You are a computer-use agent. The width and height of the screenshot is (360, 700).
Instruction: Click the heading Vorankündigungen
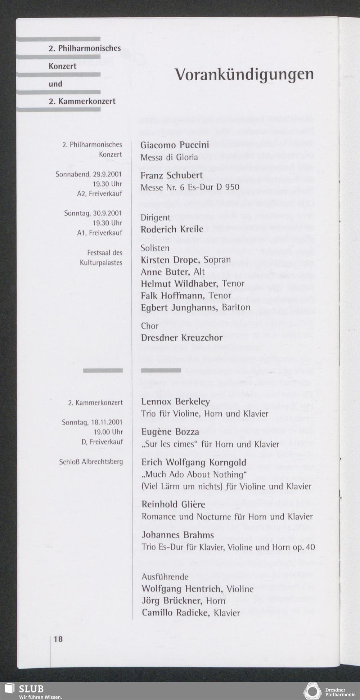(x=244, y=75)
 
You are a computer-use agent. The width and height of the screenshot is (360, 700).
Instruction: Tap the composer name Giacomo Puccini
(x=175, y=145)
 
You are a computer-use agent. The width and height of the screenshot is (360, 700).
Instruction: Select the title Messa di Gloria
(x=169, y=157)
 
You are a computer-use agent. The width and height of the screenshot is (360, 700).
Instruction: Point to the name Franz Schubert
(x=171, y=175)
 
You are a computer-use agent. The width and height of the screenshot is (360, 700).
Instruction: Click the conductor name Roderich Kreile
(x=172, y=229)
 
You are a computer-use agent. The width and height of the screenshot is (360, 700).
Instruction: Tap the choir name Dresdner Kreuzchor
(x=181, y=338)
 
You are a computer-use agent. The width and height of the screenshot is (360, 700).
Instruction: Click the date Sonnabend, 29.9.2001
(x=89, y=174)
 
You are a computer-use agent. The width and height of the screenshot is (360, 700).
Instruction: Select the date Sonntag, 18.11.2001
(x=92, y=422)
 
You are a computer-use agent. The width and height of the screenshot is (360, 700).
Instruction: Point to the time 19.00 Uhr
(x=108, y=432)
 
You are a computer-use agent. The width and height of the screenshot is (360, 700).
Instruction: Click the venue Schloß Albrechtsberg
(x=91, y=462)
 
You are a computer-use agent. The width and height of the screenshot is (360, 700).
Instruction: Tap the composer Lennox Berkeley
(x=175, y=401)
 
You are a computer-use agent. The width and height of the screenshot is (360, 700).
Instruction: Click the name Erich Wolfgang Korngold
(x=194, y=462)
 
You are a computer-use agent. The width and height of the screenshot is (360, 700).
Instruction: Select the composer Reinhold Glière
(x=173, y=504)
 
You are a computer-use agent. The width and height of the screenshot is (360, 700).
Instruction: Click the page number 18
(x=58, y=639)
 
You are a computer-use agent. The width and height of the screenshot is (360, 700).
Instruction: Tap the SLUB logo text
(x=31, y=689)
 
